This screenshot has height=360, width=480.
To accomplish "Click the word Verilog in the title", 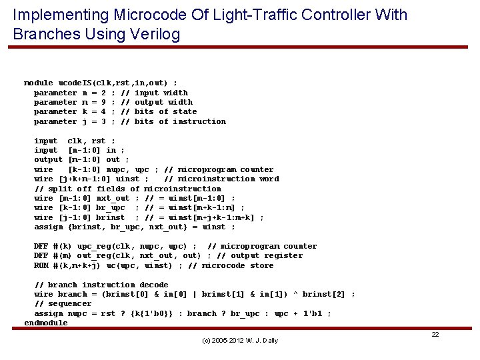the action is coord(155,34).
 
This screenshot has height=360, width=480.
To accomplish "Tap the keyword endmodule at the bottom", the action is coord(46,323).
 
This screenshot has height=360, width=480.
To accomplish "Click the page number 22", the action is coord(435,334).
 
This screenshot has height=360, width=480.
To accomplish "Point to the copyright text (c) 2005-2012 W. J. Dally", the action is coord(240,341).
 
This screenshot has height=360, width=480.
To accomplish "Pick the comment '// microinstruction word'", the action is coord(221,179).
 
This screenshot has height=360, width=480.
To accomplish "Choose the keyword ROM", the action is coord(41,265).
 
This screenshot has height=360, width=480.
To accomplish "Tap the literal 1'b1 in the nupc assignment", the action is coord(315,313).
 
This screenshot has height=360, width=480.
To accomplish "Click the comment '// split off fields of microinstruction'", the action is coord(127,189).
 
